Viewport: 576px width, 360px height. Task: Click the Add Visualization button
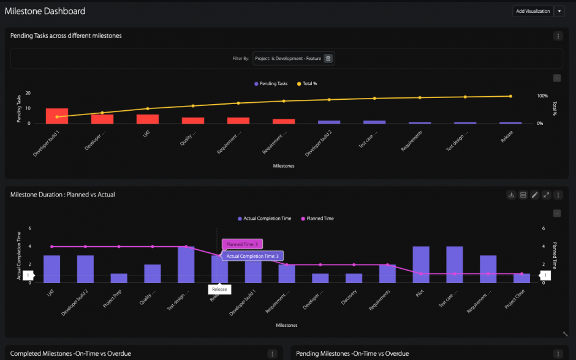tap(532, 11)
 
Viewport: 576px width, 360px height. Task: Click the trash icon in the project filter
tap(328, 58)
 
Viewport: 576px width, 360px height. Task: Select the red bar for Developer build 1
tap(56, 116)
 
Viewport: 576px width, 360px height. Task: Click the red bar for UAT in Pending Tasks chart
tap(148, 119)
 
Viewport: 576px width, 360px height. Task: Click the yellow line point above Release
tap(510, 96)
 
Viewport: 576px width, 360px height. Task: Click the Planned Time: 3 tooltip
tap(242, 244)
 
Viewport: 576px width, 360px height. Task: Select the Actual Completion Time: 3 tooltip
tap(252, 256)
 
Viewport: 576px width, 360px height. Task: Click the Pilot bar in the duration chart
tap(421, 264)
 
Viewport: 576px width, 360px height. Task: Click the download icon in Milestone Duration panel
tap(511, 195)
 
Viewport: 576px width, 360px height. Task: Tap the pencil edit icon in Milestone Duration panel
tap(534, 195)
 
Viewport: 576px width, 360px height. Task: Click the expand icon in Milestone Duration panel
tap(546, 195)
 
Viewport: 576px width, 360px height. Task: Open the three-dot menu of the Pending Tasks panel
tap(558, 36)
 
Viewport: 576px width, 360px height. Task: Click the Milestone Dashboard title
tap(45, 11)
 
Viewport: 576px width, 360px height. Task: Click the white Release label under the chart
tap(219, 289)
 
